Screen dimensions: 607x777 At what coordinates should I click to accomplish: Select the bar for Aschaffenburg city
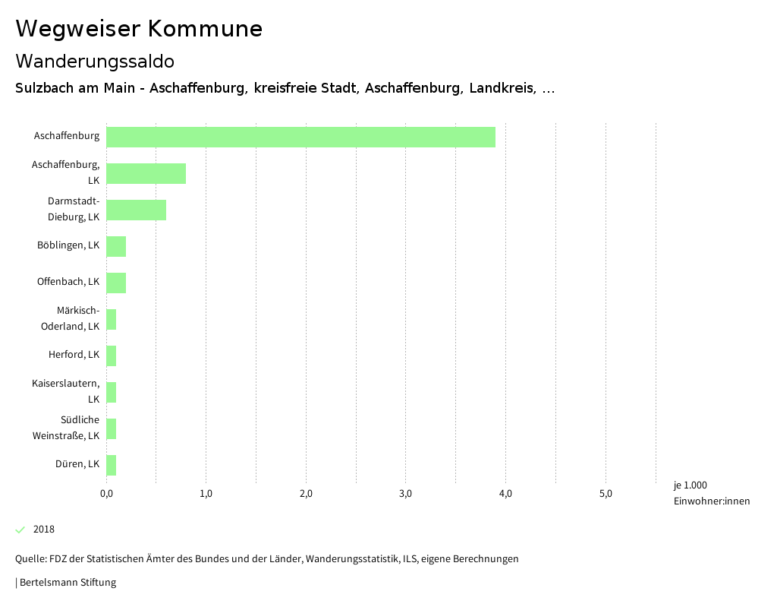pyautogui.click(x=300, y=137)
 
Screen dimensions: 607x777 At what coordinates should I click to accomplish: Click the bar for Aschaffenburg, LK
pyautogui.click(x=146, y=173)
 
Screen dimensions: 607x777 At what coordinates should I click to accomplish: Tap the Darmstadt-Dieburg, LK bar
pyautogui.click(x=136, y=210)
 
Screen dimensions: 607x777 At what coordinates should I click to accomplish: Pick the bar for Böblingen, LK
pyautogui.click(x=116, y=246)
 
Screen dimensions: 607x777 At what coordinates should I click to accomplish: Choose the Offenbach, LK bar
pyautogui.click(x=116, y=283)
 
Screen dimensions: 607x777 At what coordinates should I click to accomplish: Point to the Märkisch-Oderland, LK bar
pyautogui.click(x=111, y=319)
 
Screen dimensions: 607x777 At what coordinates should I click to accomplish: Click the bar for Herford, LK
pyautogui.click(x=111, y=356)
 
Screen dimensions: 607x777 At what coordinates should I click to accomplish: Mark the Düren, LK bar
pyautogui.click(x=111, y=465)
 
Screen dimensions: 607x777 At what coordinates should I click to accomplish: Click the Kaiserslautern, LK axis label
pyautogui.click(x=66, y=391)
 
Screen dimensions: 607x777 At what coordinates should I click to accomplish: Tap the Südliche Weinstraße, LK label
pyautogui.click(x=66, y=428)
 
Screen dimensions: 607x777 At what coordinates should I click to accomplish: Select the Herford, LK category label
pyautogui.click(x=74, y=355)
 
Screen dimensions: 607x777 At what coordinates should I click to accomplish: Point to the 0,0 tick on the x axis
pyautogui.click(x=106, y=494)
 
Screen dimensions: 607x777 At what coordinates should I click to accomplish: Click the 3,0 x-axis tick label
pyautogui.click(x=405, y=494)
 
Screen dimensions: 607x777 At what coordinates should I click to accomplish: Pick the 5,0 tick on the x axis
pyautogui.click(x=606, y=494)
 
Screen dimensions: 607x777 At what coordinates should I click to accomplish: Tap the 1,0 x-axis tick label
pyautogui.click(x=206, y=494)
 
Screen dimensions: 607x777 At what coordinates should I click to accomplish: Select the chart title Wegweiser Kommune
pyautogui.click(x=139, y=29)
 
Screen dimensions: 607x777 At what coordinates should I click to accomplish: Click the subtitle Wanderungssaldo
pyautogui.click(x=95, y=61)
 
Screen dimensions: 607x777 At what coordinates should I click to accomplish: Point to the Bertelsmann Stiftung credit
pyautogui.click(x=67, y=583)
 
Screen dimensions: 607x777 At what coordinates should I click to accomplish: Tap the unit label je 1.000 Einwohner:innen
pyautogui.click(x=711, y=493)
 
